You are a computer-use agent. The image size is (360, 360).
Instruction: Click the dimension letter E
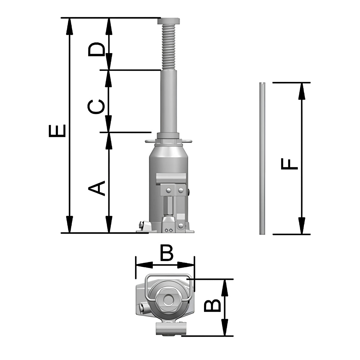(57, 131)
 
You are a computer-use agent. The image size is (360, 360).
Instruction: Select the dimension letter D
(96, 49)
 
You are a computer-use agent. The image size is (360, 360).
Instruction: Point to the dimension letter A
(96, 188)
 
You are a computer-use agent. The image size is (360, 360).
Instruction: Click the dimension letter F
(289, 164)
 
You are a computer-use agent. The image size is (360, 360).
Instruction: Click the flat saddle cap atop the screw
(169, 21)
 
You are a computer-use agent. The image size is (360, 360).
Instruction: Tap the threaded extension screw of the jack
(169, 47)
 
